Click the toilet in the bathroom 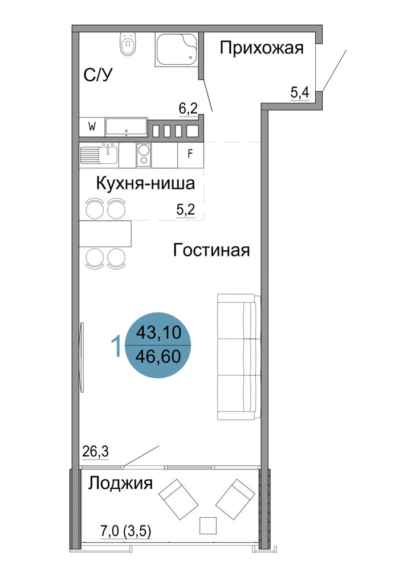[128, 44]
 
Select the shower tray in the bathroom [177, 50]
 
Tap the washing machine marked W [92, 127]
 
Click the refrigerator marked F [190, 155]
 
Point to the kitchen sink [99, 155]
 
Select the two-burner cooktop [144, 155]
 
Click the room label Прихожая [262, 48]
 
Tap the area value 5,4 [300, 93]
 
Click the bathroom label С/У [98, 75]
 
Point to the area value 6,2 [188, 108]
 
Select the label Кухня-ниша [146, 183]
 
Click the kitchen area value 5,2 [185, 209]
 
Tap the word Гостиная [211, 250]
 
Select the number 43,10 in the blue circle [158, 332]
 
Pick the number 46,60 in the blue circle [158, 356]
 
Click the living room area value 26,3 [96, 452]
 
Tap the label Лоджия [120, 484]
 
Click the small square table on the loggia [208, 526]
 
